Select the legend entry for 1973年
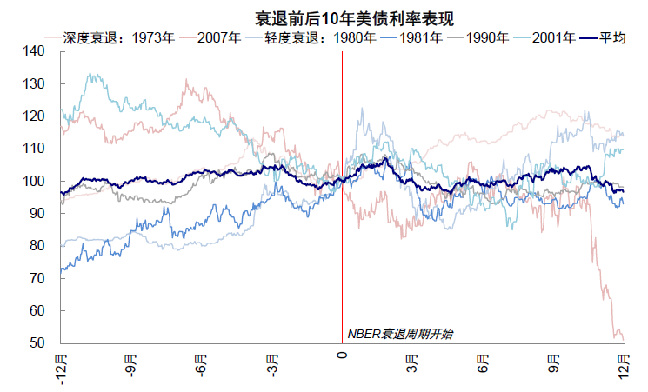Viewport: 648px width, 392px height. click(x=156, y=38)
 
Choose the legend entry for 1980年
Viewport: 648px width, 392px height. click(x=355, y=38)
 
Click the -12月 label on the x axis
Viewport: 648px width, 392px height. click(x=61, y=366)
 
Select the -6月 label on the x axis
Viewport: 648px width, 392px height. click(x=201, y=364)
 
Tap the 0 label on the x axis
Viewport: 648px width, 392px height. click(x=342, y=355)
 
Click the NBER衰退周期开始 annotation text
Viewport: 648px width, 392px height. click(x=400, y=334)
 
